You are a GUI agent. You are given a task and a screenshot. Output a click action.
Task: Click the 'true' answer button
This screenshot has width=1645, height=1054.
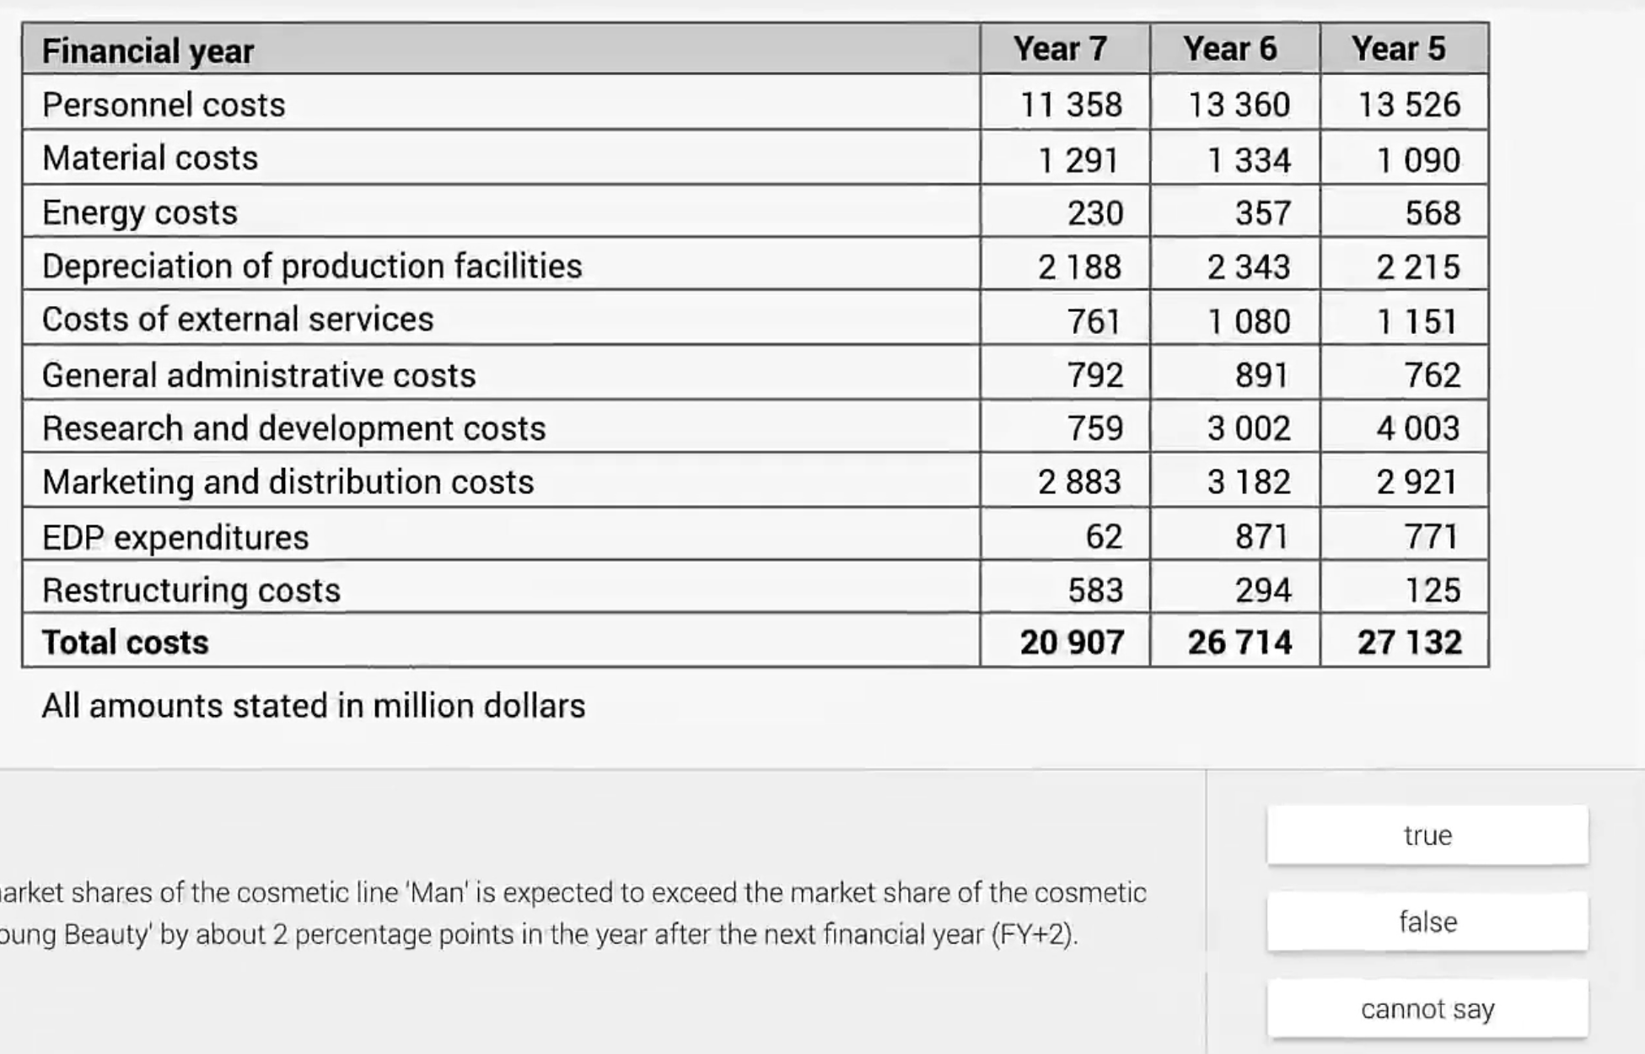click(1427, 835)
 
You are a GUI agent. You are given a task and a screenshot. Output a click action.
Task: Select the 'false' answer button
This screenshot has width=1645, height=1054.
click(1427, 922)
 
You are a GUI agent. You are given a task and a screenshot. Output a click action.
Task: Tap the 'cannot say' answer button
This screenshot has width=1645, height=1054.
click(1427, 1008)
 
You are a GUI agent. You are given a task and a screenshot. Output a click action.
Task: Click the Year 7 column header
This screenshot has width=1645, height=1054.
click(1060, 49)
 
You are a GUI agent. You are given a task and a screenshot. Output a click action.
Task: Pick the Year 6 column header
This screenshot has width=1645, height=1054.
click(1229, 49)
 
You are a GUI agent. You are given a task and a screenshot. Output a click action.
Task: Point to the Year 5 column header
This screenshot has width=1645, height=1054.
click(1399, 49)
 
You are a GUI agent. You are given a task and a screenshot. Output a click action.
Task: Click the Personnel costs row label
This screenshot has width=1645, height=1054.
click(164, 105)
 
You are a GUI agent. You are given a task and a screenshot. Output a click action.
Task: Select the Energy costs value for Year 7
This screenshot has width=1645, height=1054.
click(1094, 212)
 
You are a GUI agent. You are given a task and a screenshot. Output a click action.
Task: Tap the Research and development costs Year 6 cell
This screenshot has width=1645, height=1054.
click(1249, 428)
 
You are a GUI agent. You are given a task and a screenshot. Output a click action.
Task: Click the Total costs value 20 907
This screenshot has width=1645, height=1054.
click(1072, 643)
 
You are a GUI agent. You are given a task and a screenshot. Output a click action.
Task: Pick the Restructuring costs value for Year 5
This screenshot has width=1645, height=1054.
click(1432, 590)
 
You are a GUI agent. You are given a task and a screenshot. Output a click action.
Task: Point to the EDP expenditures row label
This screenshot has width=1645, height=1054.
click(175, 537)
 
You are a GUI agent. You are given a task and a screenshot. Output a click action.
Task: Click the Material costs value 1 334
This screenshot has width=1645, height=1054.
click(1249, 160)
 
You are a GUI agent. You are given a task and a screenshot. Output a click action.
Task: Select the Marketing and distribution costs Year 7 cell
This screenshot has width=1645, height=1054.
click(1079, 482)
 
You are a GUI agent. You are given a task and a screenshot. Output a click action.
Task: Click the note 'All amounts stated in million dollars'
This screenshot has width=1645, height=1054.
click(314, 706)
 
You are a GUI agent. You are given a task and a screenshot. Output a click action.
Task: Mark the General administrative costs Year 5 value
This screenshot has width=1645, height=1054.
click(1432, 374)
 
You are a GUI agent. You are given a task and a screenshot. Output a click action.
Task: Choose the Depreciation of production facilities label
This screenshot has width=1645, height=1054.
click(312, 266)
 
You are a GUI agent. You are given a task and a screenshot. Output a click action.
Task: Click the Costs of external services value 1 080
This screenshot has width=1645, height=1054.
click(1249, 321)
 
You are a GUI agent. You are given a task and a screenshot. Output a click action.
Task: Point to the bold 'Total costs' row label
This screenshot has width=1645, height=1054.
click(125, 643)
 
